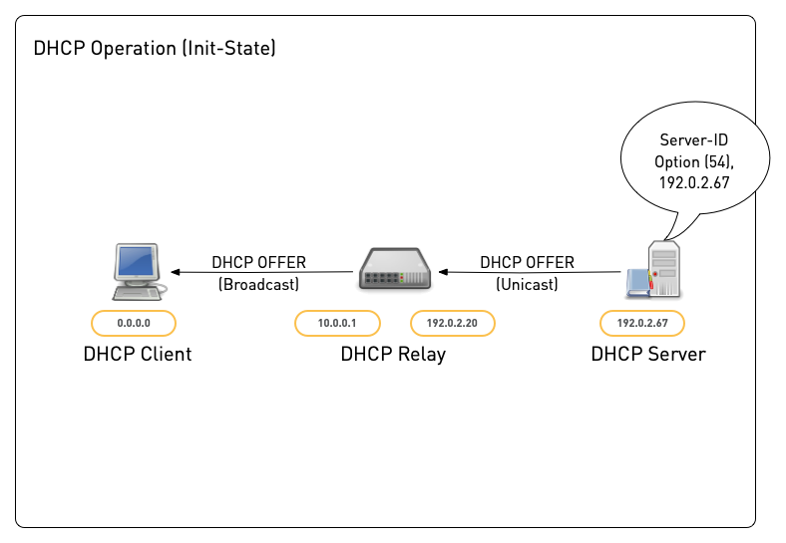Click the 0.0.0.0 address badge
pyautogui.click(x=134, y=323)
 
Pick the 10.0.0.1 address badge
pyautogui.click(x=337, y=323)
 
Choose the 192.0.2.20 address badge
pyautogui.click(x=453, y=323)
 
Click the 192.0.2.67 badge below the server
pyautogui.click(x=642, y=323)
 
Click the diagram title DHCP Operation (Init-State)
pyautogui.click(x=155, y=48)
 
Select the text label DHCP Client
pyautogui.click(x=138, y=354)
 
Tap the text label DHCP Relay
pyautogui.click(x=393, y=354)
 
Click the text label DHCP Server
pyautogui.click(x=647, y=354)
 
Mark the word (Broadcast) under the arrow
pyautogui.click(x=258, y=284)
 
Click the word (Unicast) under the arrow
pyautogui.click(x=527, y=284)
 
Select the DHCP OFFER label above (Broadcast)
pyautogui.click(x=258, y=263)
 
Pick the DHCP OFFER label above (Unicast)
pyautogui.click(x=527, y=263)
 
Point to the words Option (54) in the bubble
pyautogui.click(x=694, y=162)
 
